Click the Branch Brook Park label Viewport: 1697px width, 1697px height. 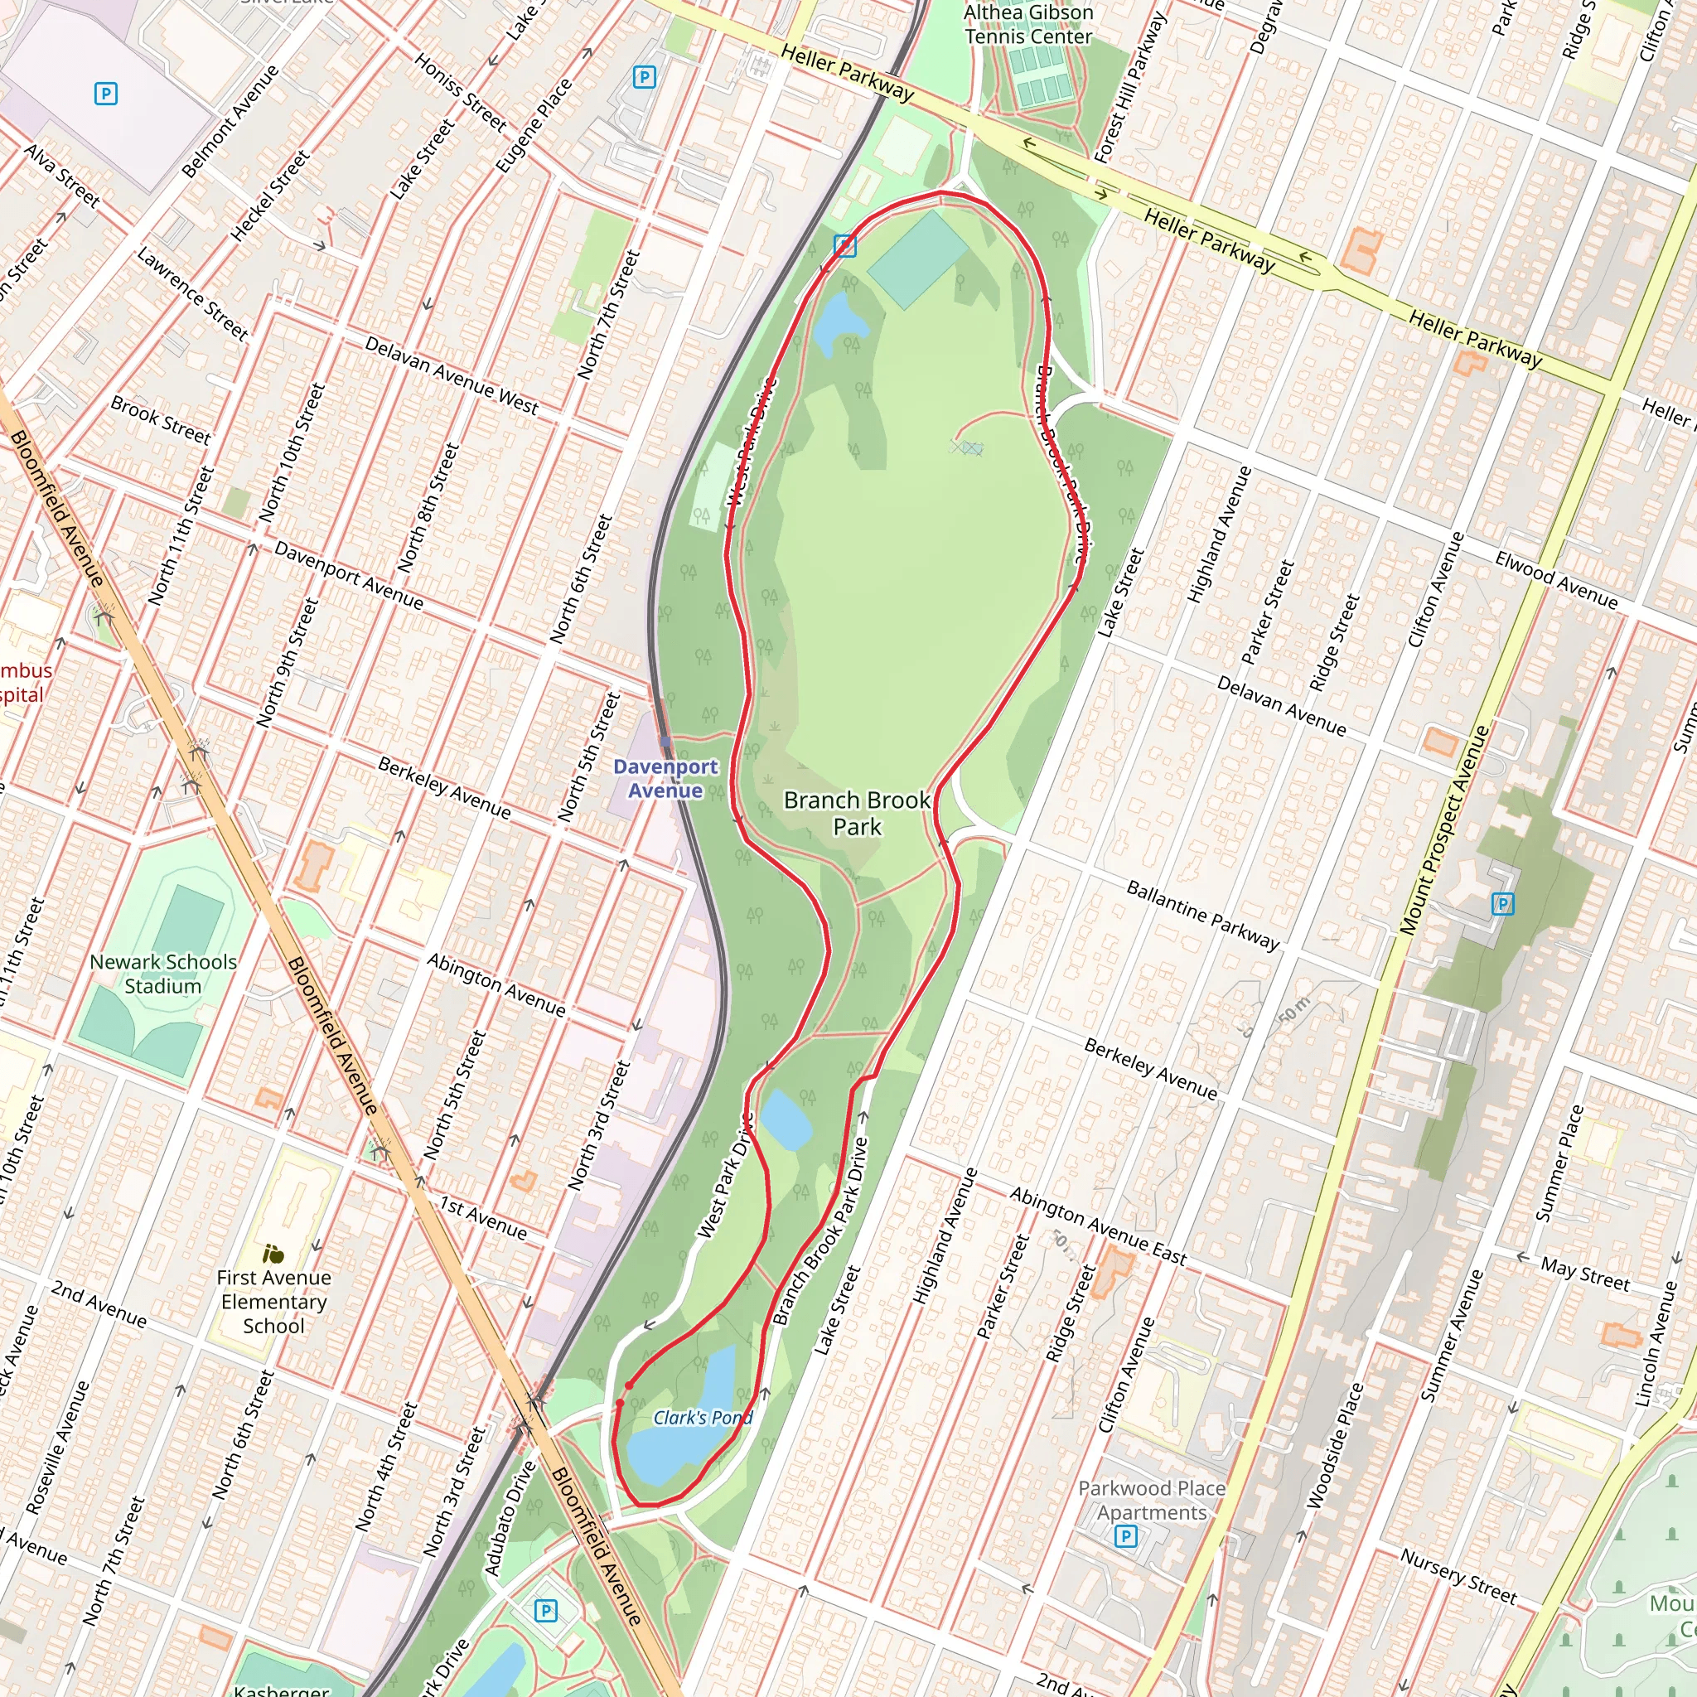(x=857, y=813)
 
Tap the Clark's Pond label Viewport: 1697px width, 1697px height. (x=703, y=1418)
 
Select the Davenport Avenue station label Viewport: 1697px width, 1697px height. (x=665, y=778)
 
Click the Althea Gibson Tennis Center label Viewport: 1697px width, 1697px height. (x=1027, y=25)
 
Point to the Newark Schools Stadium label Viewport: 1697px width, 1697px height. (x=163, y=974)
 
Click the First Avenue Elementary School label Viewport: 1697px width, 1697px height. (x=273, y=1302)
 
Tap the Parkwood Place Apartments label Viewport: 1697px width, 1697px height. (x=1151, y=1501)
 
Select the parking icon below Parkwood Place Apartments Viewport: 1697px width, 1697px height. (x=1126, y=1536)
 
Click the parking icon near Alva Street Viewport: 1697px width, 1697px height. (x=106, y=93)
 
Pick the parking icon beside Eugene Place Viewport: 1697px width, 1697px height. (x=645, y=77)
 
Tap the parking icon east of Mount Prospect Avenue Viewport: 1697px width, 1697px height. (x=1503, y=903)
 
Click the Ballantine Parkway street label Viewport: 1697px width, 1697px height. (x=1202, y=916)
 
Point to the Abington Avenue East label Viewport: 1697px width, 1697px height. (x=1097, y=1226)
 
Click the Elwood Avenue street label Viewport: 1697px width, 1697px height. (x=1555, y=580)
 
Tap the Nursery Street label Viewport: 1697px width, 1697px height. (x=1458, y=1576)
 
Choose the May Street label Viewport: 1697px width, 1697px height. (x=1584, y=1274)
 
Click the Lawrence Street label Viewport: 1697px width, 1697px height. (x=192, y=293)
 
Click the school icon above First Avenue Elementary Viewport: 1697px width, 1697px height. (x=273, y=1255)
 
